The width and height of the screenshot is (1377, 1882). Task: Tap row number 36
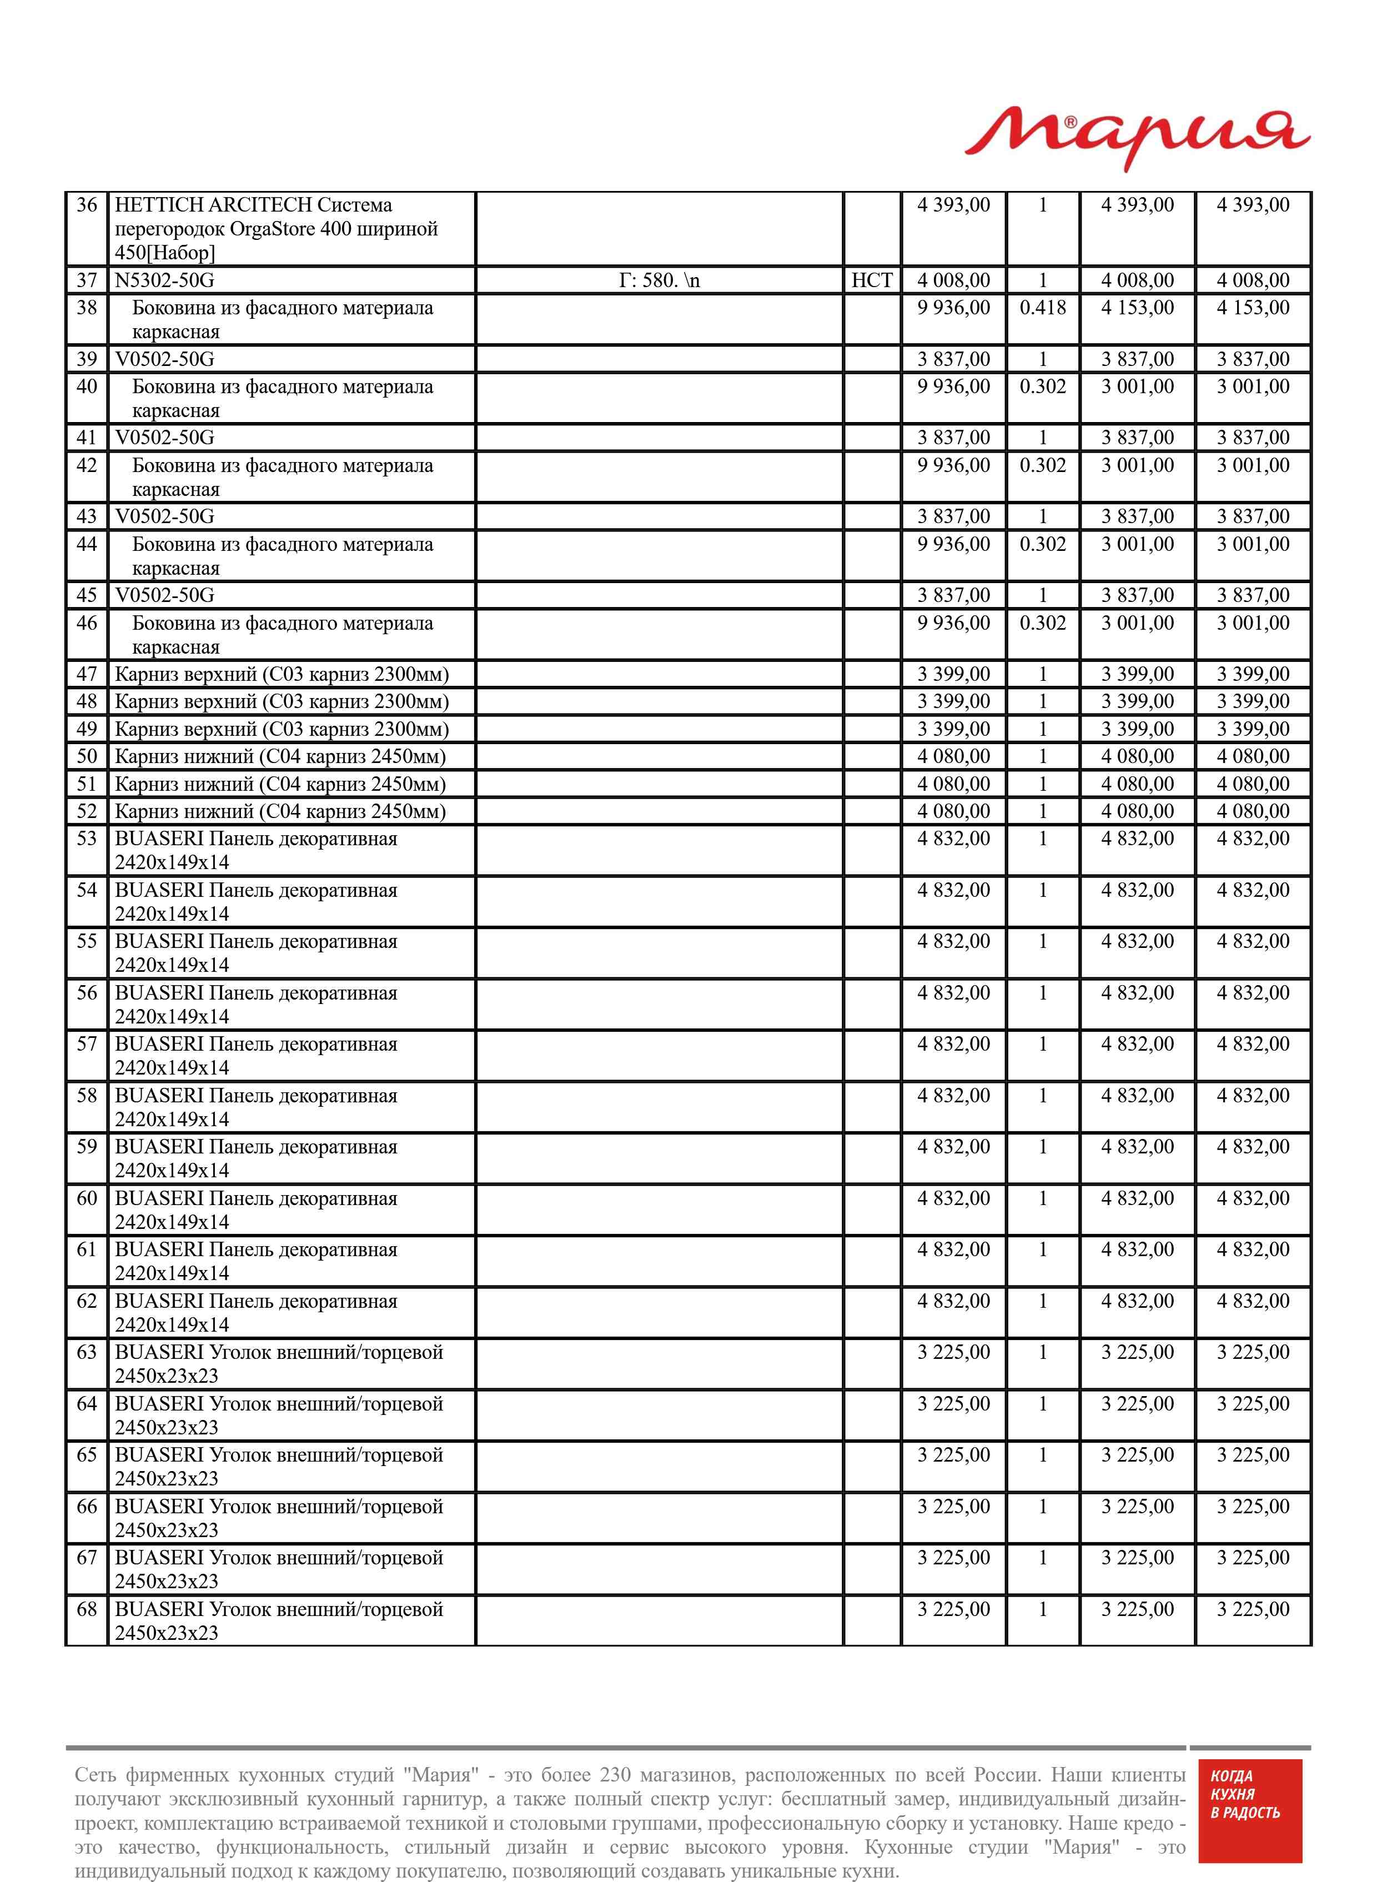[x=87, y=205]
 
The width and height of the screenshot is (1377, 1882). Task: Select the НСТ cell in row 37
[x=871, y=281]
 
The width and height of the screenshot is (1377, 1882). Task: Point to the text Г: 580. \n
[x=659, y=281]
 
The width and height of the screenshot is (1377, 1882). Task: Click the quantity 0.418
[x=1042, y=308]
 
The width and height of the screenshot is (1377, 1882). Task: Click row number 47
[x=87, y=674]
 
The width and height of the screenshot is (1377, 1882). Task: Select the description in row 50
[x=280, y=757]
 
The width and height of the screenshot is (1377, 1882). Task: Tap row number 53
[x=87, y=839]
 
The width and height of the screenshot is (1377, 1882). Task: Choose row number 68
[x=87, y=1609]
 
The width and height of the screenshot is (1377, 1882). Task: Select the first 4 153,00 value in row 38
[x=1137, y=308]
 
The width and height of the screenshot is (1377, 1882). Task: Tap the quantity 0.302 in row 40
[x=1042, y=387]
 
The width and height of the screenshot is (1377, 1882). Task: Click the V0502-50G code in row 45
[x=164, y=595]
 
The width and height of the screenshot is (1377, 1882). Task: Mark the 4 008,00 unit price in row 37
[x=953, y=281]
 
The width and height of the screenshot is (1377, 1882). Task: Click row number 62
[x=87, y=1301]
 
